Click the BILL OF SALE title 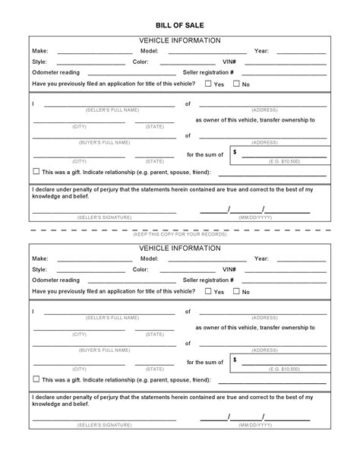pyautogui.click(x=180, y=24)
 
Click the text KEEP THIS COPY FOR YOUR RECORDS pyautogui.click(x=180, y=234)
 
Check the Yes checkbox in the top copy pyautogui.click(x=208, y=84)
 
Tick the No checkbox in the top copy pyautogui.click(x=236, y=84)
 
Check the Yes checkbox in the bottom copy pyautogui.click(x=208, y=290)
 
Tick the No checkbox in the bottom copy pyautogui.click(x=236, y=290)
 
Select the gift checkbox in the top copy pyautogui.click(x=36, y=171)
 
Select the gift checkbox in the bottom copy pyautogui.click(x=36, y=378)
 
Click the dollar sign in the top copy pyautogui.click(x=235, y=152)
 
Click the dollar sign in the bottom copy pyautogui.click(x=235, y=359)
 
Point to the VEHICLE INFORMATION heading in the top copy pyautogui.click(x=180, y=39)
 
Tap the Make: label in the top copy pyautogui.click(x=39, y=51)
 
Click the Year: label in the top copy pyautogui.click(x=261, y=51)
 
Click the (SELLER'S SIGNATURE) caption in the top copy pyautogui.click(x=104, y=217)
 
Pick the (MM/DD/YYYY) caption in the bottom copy pyautogui.click(x=254, y=424)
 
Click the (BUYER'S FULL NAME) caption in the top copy pyautogui.click(x=104, y=142)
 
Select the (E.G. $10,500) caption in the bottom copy pyautogui.click(x=285, y=369)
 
